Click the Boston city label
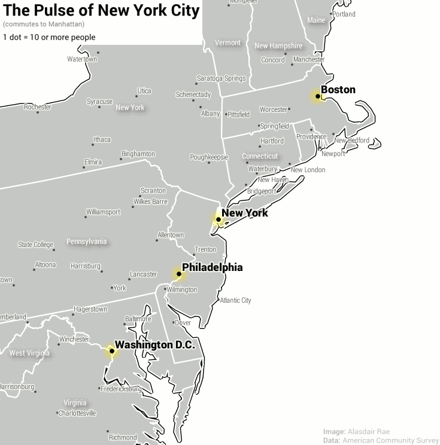click(x=338, y=90)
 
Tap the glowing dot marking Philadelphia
click(x=179, y=274)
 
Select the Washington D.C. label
click(x=155, y=345)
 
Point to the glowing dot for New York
click(x=219, y=220)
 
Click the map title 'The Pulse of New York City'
click(x=101, y=11)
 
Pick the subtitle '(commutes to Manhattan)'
click(x=43, y=25)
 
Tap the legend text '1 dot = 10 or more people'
click(x=49, y=38)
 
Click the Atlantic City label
click(x=235, y=300)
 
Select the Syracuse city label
click(x=99, y=102)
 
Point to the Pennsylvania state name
click(x=87, y=242)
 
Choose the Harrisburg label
click(x=85, y=266)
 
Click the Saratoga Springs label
click(x=221, y=78)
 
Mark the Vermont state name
click(x=227, y=43)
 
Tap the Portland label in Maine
click(x=344, y=14)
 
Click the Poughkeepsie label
click(x=209, y=157)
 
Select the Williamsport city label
click(x=103, y=212)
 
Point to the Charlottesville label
click(x=77, y=413)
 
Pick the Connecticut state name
click(x=260, y=156)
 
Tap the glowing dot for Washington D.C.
click(x=111, y=351)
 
